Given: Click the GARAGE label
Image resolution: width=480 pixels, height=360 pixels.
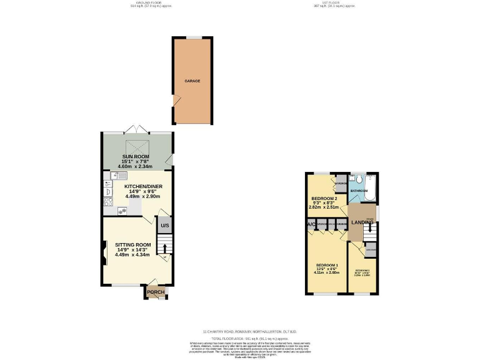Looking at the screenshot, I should pyautogui.click(x=192, y=81).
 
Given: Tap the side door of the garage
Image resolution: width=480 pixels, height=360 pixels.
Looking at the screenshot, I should pyautogui.click(x=176, y=99).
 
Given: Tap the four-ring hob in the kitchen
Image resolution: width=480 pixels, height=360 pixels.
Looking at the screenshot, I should pyautogui.click(x=108, y=201).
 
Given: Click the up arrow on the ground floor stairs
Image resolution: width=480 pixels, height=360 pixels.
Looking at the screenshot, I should pyautogui.click(x=164, y=248).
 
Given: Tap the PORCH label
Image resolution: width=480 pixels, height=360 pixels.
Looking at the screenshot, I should pyautogui.click(x=155, y=292).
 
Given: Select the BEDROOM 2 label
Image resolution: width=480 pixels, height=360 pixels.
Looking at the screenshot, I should pyautogui.click(x=324, y=198).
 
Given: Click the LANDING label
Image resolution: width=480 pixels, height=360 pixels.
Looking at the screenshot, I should pyautogui.click(x=362, y=222).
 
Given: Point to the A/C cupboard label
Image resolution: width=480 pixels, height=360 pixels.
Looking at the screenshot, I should pyautogui.click(x=311, y=224).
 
